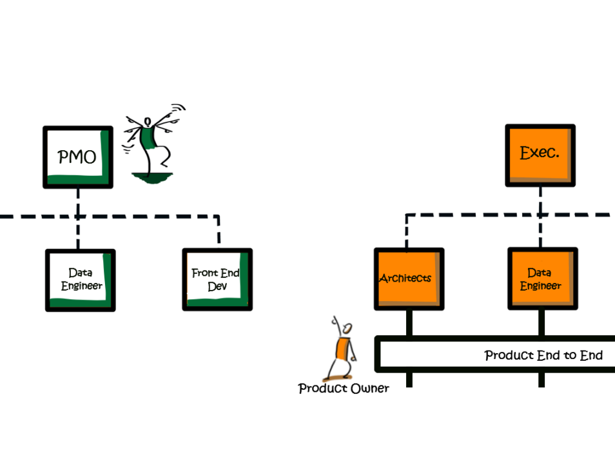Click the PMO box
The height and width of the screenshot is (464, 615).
pos(78,157)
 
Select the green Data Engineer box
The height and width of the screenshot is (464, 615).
pos(81,280)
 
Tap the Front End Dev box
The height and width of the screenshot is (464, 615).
pos(217,279)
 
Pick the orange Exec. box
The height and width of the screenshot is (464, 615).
pos(540,155)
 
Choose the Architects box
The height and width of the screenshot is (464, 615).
pos(409,279)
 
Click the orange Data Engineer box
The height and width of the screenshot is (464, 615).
pos(542,278)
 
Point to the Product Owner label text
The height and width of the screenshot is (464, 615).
pos(344,389)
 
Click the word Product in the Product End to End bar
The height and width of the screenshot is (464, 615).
pos(509,355)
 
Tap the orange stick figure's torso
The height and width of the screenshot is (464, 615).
pos(342,349)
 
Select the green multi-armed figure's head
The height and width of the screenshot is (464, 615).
pos(148,122)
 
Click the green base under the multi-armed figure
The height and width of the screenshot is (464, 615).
pos(151,178)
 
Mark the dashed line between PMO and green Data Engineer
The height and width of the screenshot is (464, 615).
pos(78,218)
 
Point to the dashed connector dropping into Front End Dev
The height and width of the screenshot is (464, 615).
pos(219,231)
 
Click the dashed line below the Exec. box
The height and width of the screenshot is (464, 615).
pos(540,217)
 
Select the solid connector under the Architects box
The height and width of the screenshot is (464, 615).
pos(409,323)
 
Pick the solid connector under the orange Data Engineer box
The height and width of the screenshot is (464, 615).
pos(542,323)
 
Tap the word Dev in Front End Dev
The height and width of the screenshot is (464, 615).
pos(217,286)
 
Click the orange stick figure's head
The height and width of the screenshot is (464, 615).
pos(347,328)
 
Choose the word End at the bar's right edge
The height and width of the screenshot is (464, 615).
pos(591,355)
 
